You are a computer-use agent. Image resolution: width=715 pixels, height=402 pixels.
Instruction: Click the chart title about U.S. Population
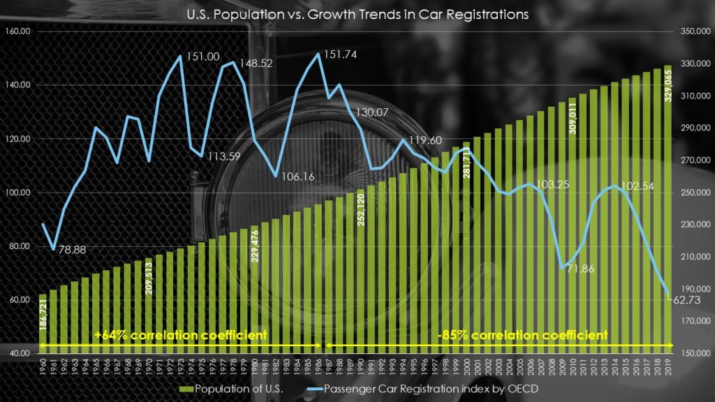tap(357, 15)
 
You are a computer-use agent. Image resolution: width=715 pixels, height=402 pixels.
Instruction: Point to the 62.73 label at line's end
tap(688, 299)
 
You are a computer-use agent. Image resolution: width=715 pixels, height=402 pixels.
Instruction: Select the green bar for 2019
tap(668, 209)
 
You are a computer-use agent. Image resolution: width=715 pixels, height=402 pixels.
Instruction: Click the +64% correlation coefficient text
tap(182, 335)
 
